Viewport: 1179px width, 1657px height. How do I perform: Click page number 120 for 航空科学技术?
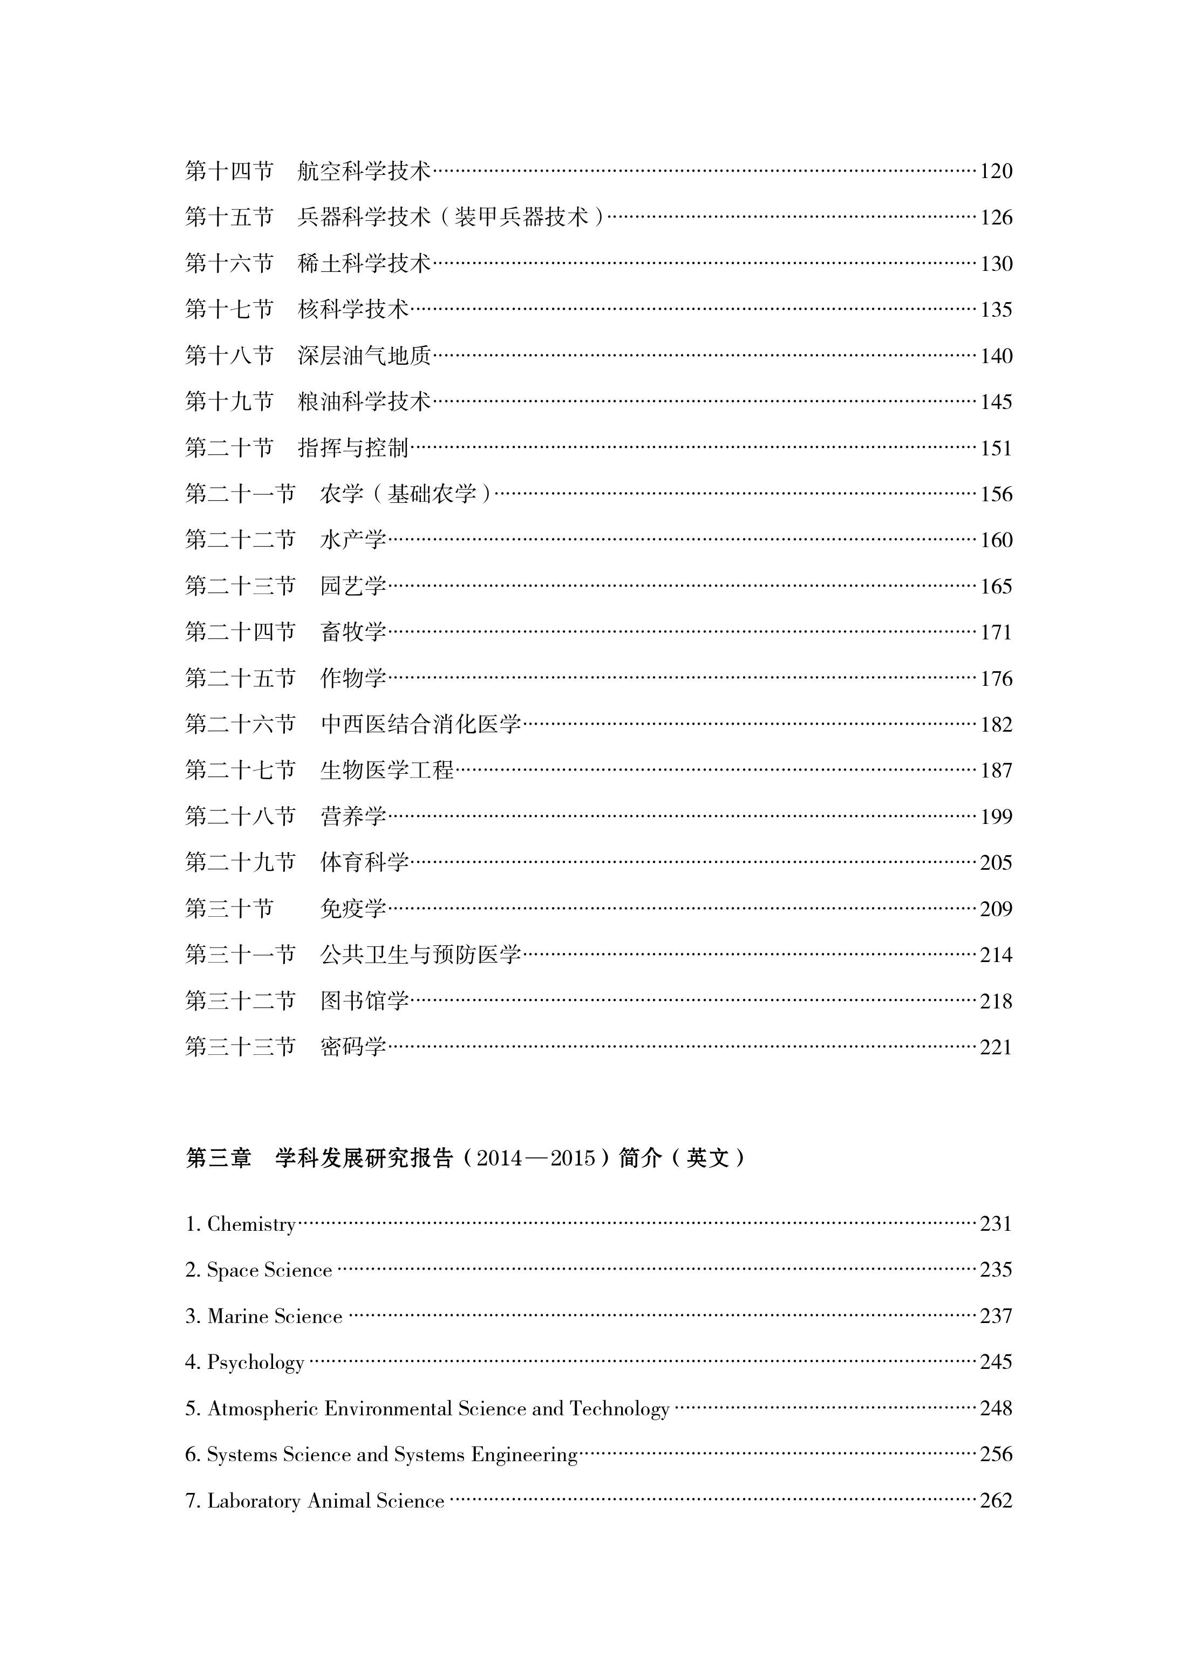click(x=996, y=171)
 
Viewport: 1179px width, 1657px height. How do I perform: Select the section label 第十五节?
click(x=229, y=217)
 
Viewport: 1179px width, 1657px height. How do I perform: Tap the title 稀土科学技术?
click(x=364, y=263)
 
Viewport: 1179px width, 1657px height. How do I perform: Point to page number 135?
click(x=996, y=310)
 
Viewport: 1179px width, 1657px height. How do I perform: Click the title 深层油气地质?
click(x=364, y=356)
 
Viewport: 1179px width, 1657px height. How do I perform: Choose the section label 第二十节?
click(x=229, y=448)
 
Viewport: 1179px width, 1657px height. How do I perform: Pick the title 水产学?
click(x=353, y=540)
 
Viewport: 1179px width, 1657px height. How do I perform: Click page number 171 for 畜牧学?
click(x=996, y=632)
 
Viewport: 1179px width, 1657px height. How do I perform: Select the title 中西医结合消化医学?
click(x=420, y=724)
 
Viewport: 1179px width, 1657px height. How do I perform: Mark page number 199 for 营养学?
click(x=996, y=816)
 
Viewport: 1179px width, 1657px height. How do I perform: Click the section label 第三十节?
click(x=229, y=909)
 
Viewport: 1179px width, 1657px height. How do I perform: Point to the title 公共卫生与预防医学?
click(x=420, y=955)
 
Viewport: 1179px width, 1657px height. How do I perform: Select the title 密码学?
click(x=353, y=1047)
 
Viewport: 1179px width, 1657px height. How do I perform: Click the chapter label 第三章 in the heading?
click(x=218, y=1158)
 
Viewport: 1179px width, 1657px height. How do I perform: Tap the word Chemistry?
click(x=251, y=1224)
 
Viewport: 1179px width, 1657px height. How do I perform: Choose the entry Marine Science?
click(x=275, y=1317)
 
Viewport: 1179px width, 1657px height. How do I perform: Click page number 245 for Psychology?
click(x=996, y=1362)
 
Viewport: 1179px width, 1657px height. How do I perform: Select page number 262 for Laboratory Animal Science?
click(x=996, y=1501)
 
